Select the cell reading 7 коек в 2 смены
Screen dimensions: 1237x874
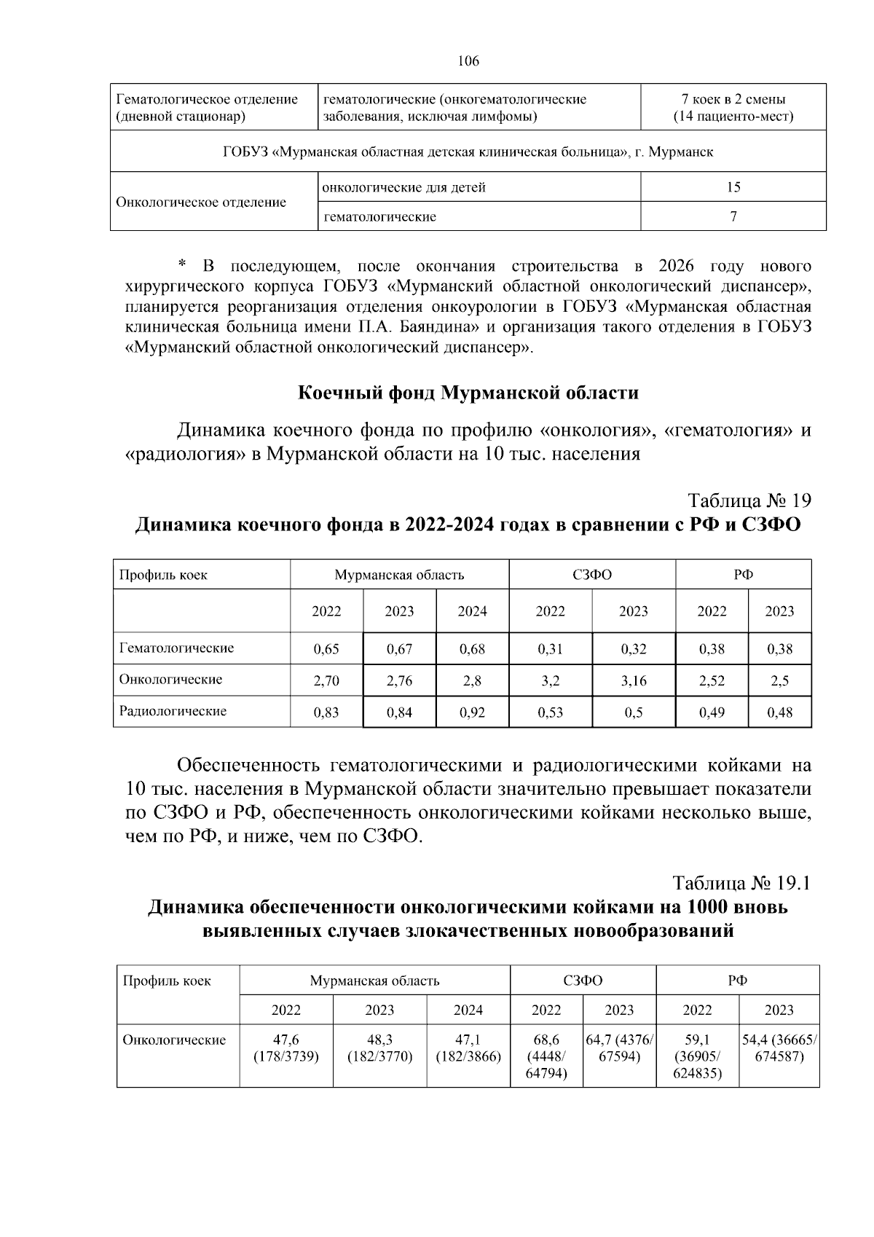733,99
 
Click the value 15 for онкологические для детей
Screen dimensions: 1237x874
733,187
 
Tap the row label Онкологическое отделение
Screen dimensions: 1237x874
201,202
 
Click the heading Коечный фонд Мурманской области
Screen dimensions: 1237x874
468,393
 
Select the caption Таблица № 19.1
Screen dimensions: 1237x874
741,883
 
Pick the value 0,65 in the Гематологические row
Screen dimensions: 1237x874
326,649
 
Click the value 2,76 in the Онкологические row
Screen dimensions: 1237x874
399,681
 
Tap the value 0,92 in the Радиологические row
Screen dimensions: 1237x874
472,712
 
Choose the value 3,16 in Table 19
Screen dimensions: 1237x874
633,681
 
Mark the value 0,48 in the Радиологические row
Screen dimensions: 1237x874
779,712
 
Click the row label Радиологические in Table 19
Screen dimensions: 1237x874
173,711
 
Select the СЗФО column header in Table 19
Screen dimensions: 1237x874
591,575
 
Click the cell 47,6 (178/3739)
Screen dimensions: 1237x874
286,1048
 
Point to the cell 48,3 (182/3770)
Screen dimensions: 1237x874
379,1048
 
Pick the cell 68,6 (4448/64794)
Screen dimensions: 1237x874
546,1056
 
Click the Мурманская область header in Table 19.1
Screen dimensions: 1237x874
374,981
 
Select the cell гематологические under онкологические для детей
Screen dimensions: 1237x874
379,216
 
